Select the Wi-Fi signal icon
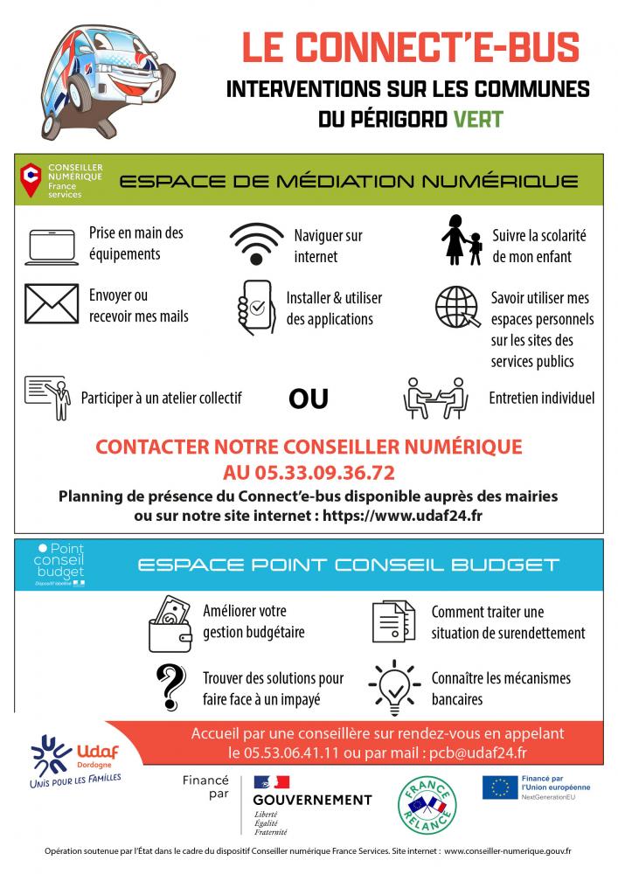click(256, 244)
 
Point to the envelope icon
click(52, 303)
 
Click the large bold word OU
click(309, 399)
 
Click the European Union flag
click(500, 787)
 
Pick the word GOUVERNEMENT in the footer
click(312, 800)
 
